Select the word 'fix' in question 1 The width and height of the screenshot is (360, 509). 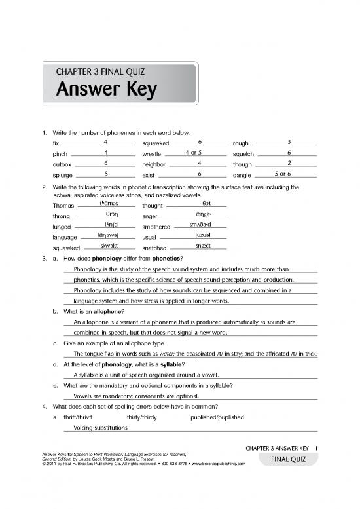click(56, 143)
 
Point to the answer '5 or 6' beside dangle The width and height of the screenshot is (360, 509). click(288, 173)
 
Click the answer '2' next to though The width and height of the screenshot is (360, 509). click(289, 162)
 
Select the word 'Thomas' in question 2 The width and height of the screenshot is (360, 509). click(62, 206)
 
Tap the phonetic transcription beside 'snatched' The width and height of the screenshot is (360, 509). click(203, 245)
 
